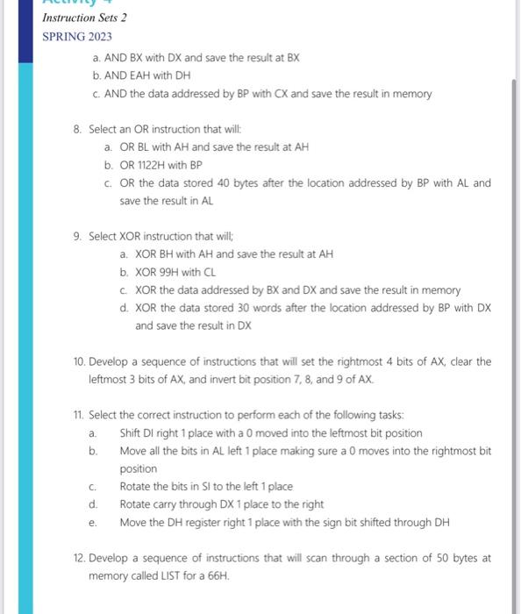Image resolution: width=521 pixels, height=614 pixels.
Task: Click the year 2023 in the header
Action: tap(99, 38)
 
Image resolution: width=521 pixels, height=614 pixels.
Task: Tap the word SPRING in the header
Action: tap(63, 38)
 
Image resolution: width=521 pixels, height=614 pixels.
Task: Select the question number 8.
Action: tap(78, 129)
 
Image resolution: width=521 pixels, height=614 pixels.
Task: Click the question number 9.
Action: tap(78, 236)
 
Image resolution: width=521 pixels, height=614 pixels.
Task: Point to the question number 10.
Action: tap(79, 361)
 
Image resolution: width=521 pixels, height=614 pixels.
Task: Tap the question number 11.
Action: tap(79, 415)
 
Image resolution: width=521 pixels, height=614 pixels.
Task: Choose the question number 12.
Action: tap(79, 558)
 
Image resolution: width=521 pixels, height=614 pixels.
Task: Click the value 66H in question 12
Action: tap(218, 576)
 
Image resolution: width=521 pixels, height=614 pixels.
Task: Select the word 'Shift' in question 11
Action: tap(132, 433)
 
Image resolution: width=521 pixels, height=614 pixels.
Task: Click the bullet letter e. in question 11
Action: tap(92, 523)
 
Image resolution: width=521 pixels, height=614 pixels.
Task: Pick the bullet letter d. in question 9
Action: tap(124, 308)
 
